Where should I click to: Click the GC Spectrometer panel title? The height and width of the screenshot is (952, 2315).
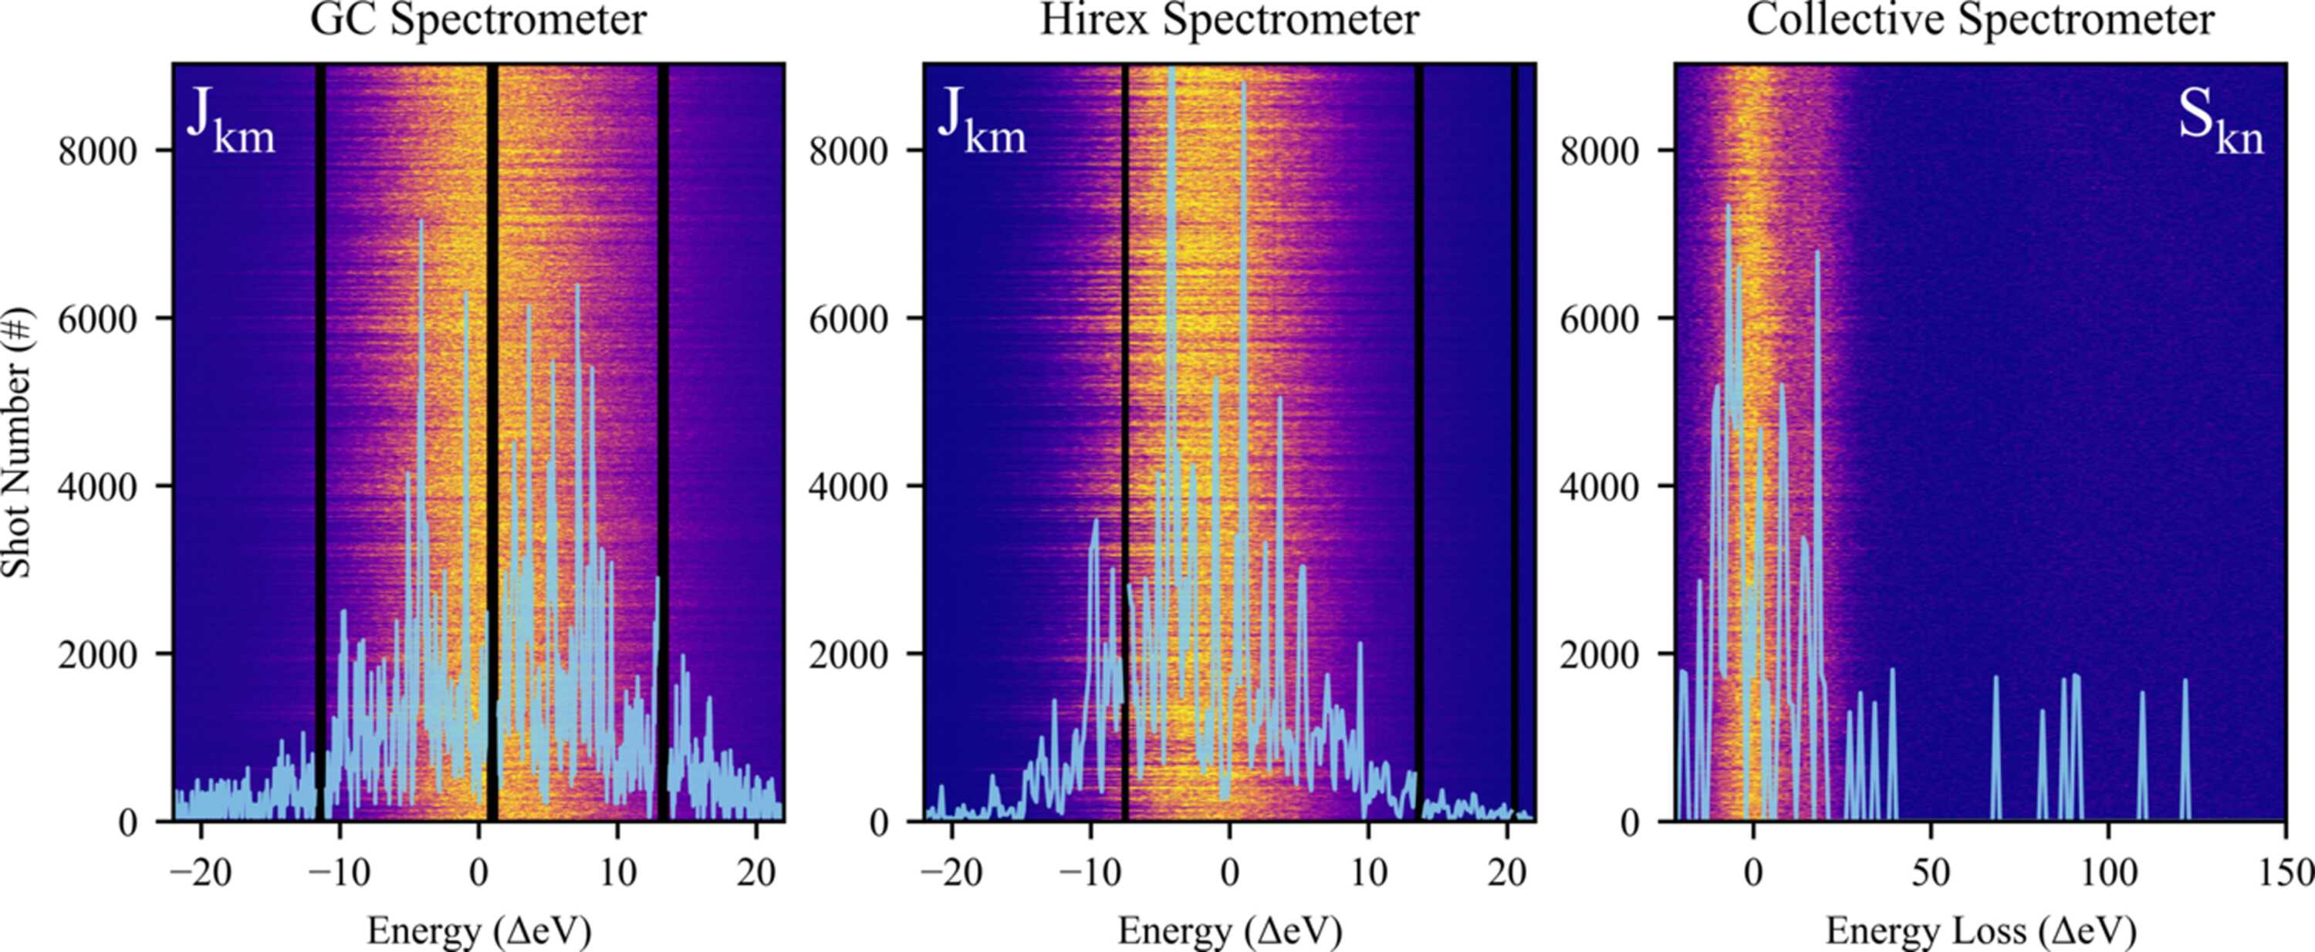[478, 20]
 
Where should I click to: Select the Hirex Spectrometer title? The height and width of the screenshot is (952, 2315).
[1229, 20]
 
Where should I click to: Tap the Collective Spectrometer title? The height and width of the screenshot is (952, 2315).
[1981, 20]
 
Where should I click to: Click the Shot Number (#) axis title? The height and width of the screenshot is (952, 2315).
[17, 442]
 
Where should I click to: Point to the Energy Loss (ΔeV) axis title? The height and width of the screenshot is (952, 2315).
[1981, 930]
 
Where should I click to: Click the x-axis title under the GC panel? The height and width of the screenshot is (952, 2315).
[479, 930]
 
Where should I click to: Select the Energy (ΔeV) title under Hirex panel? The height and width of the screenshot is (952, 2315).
[1230, 930]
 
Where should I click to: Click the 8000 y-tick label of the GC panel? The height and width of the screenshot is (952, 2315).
[98, 151]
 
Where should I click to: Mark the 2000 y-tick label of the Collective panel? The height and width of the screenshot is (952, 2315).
[1600, 655]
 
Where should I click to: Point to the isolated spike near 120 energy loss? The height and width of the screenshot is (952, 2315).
[2185, 749]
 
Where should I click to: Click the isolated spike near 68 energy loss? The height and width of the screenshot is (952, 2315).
[1995, 748]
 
